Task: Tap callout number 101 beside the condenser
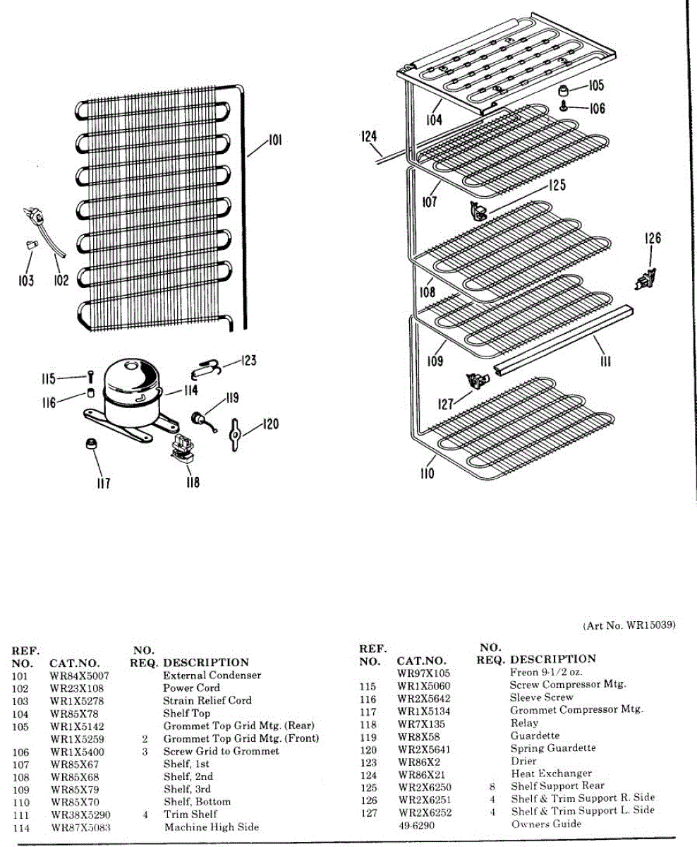point(275,141)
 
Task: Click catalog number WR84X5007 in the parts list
point(80,675)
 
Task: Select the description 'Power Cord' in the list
point(192,688)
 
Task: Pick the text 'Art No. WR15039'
point(630,625)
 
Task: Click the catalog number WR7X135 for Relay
point(420,723)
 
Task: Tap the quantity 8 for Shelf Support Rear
point(492,786)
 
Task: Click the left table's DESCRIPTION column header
point(206,663)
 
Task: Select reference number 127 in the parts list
point(368,812)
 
